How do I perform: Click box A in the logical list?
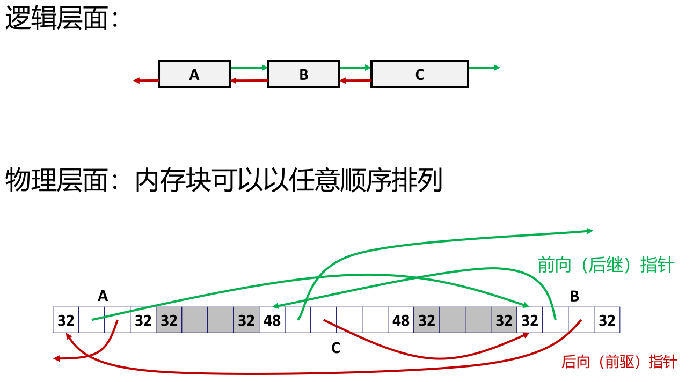194,74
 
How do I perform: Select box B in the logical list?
304,74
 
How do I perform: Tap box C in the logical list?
420,74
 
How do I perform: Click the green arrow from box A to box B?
249,68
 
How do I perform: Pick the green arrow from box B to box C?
355,68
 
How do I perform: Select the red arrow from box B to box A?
249,81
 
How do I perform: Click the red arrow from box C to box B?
355,81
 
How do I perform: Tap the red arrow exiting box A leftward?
146,81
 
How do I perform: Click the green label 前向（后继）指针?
606,265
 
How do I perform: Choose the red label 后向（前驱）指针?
619,362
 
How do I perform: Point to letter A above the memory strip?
103,296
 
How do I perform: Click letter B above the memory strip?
574,296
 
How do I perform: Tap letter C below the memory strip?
336,349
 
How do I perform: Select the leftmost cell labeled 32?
66,320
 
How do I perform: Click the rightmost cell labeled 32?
607,320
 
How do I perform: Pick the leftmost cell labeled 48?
272,320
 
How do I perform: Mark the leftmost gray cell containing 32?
169,320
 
